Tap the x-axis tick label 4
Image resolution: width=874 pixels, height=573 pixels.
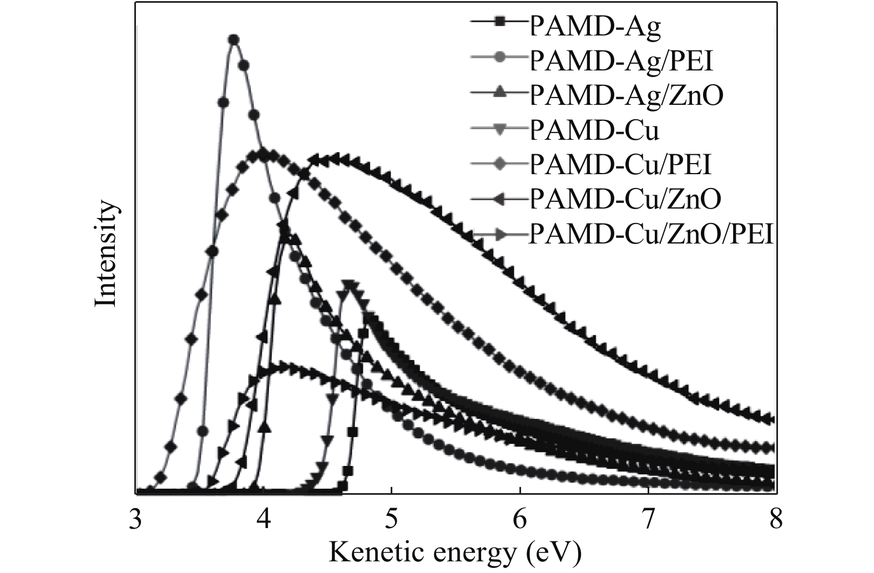(264, 520)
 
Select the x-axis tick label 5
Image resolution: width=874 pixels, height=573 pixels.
(392, 520)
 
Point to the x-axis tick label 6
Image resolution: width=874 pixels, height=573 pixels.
(520, 520)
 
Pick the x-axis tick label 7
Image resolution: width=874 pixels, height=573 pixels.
(648, 520)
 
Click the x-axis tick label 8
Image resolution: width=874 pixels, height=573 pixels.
(775, 520)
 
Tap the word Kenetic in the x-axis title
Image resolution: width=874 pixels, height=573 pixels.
(378, 551)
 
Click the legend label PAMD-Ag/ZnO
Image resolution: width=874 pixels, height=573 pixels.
(627, 95)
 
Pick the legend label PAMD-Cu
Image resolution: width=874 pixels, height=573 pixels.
(594, 130)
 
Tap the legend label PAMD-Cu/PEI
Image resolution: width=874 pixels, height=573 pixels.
(620, 165)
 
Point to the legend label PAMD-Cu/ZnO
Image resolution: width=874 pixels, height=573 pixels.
(625, 200)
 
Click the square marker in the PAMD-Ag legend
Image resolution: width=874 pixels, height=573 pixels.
(499, 23)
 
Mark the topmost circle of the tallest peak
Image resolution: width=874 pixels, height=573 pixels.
(234, 39)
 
